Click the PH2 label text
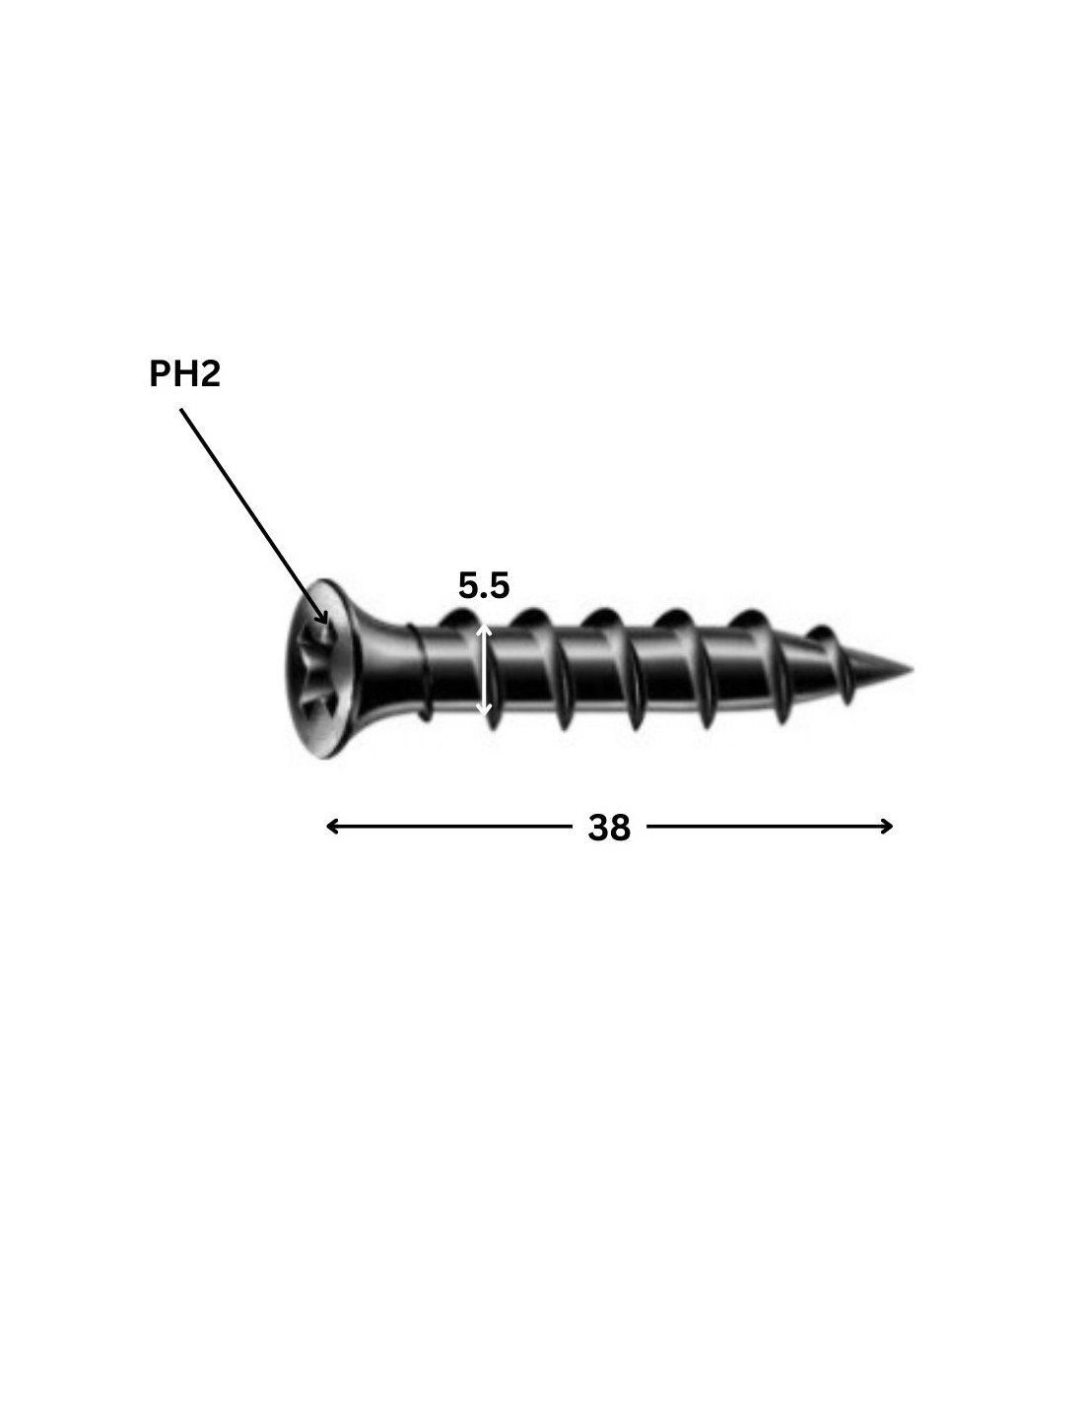[184, 374]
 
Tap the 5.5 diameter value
[484, 585]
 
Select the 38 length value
[609, 828]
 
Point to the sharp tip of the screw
[912, 669]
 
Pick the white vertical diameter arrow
[484, 670]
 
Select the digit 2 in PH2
[211, 374]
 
